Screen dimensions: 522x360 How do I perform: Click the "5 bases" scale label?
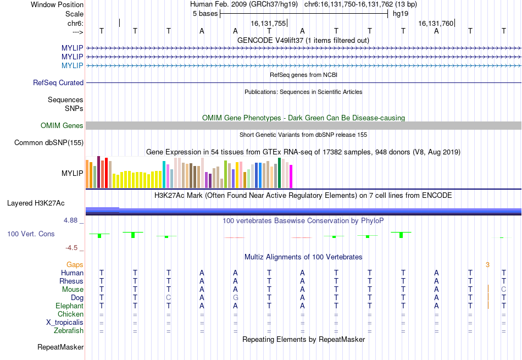coord(205,14)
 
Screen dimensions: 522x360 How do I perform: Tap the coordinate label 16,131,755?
coord(268,23)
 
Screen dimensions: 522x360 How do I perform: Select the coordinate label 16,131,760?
coord(436,23)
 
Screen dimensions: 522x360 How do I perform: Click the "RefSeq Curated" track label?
coord(58,82)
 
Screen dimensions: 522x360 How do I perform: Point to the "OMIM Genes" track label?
coord(62,125)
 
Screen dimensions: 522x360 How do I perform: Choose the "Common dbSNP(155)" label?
coord(49,142)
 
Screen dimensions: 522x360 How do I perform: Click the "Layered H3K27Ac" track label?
coord(36,203)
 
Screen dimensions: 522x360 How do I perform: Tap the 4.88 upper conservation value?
coord(70,220)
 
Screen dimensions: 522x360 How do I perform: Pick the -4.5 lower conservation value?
coord(71,248)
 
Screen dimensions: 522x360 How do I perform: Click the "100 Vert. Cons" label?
coord(31,234)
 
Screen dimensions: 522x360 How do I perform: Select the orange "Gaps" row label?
coord(75,264)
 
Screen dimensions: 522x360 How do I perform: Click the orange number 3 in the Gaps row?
coord(487,265)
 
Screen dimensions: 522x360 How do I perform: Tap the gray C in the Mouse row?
coord(504,290)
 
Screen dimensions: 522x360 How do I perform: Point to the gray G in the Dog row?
coord(235,298)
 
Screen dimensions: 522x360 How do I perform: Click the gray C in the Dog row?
coord(169,298)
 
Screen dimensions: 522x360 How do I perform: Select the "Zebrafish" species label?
coord(69,331)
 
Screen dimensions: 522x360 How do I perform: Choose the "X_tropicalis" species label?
coord(65,323)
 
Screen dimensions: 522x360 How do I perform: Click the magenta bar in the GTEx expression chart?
coord(291,176)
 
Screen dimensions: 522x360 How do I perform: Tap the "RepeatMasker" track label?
coord(60,347)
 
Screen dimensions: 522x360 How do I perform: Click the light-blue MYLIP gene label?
coord(72,65)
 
